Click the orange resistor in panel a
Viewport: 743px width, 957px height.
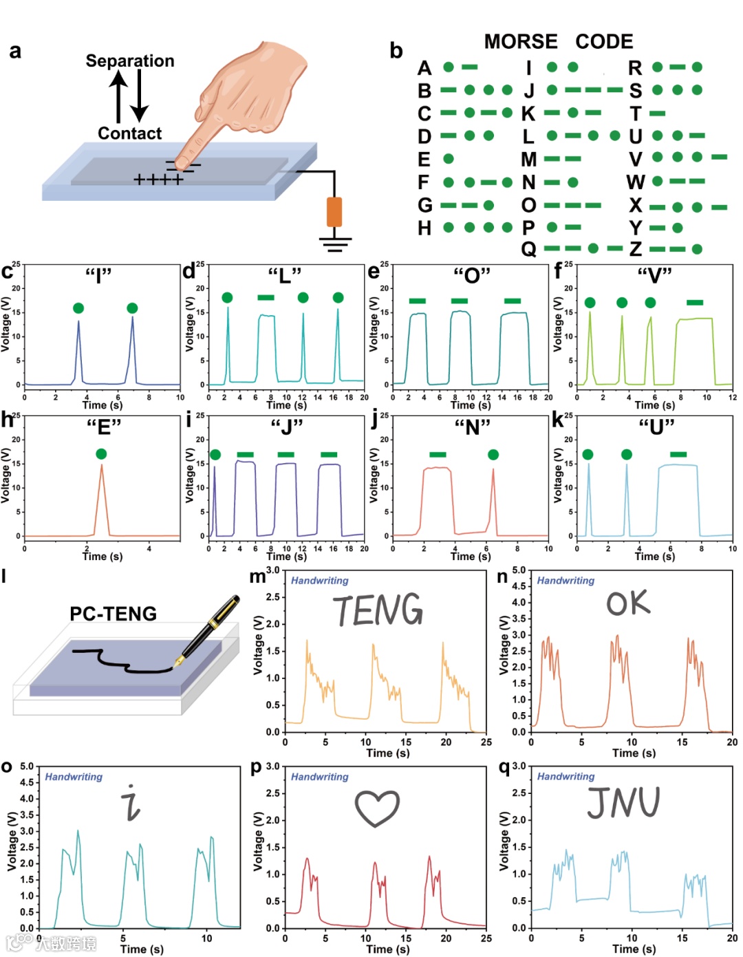tap(334, 211)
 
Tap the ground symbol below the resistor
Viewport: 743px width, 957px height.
tap(335, 244)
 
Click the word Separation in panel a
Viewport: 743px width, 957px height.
tap(130, 61)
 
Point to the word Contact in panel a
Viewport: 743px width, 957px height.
tap(129, 133)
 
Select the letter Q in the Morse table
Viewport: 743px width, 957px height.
tap(528, 249)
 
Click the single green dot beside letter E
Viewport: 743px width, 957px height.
tap(449, 159)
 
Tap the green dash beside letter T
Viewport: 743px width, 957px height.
tap(658, 114)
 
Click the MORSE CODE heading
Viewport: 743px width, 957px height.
tap(558, 41)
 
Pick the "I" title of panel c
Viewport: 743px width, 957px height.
tap(98, 276)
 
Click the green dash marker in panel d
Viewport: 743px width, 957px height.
tap(266, 297)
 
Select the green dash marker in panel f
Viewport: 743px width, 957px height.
tap(695, 302)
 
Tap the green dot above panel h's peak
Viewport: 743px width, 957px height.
tap(101, 453)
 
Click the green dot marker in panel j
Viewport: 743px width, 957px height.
tap(493, 454)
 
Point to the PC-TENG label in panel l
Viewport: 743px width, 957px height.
tap(113, 613)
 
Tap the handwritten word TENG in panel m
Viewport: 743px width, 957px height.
tap(378, 610)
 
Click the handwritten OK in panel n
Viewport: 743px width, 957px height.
tap(627, 603)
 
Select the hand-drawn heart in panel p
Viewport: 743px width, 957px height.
tap(377, 808)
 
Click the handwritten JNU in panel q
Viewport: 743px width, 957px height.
tap(623, 802)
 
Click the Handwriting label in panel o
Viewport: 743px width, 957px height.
tap(74, 777)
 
